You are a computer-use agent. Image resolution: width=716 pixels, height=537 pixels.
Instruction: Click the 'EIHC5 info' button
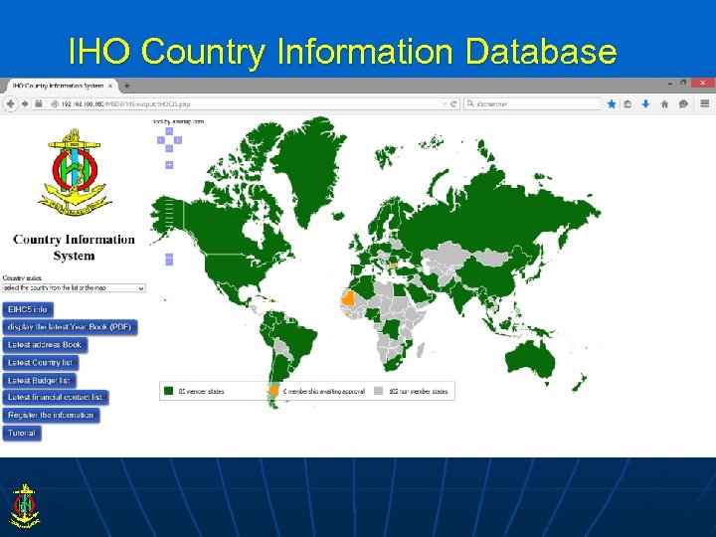pyautogui.click(x=28, y=309)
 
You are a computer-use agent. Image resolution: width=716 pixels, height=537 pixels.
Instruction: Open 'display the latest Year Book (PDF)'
pyautogui.click(x=70, y=327)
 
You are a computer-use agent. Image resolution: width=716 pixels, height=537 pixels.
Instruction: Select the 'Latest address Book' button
pyautogui.click(x=45, y=345)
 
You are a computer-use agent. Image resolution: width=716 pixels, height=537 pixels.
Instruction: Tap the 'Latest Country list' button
pyautogui.click(x=41, y=362)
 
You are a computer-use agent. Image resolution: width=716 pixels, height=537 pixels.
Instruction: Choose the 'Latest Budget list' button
pyautogui.click(x=39, y=380)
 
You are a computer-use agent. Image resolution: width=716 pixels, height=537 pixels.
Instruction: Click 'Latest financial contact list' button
pyautogui.click(x=56, y=398)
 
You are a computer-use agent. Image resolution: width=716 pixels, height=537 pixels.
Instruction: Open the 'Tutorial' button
pyautogui.click(x=21, y=433)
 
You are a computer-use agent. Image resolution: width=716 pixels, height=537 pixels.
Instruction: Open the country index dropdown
pyautogui.click(x=74, y=287)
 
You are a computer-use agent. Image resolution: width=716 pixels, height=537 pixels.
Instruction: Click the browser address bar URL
pyautogui.click(x=249, y=103)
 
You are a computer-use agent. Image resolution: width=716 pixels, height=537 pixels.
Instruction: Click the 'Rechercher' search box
pyautogui.click(x=537, y=103)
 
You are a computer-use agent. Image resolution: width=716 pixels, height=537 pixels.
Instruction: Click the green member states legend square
pyautogui.click(x=169, y=391)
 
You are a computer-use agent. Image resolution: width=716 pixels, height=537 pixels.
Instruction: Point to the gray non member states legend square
pyautogui.click(x=379, y=391)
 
